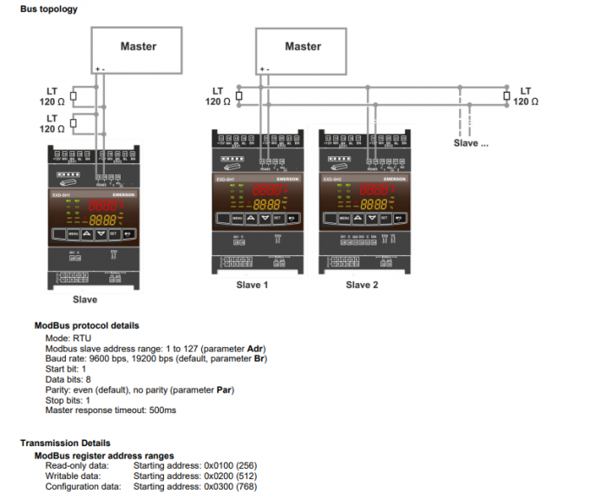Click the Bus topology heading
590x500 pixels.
pyautogui.click(x=49, y=10)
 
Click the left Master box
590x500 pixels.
pyautogui.click(x=138, y=47)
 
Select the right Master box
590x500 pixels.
pyautogui.click(x=302, y=47)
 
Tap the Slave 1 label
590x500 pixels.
pyautogui.click(x=252, y=285)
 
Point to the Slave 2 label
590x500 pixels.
pyautogui.click(x=362, y=285)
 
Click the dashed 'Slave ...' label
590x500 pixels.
pyautogui.click(x=471, y=143)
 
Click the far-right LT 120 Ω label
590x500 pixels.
pyautogui.click(x=526, y=95)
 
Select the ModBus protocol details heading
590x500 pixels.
pyautogui.click(x=86, y=326)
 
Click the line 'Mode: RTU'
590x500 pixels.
pyautogui.click(x=68, y=337)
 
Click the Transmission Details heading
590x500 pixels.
pyautogui.click(x=64, y=444)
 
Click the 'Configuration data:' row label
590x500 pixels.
pyautogui.click(x=83, y=486)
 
